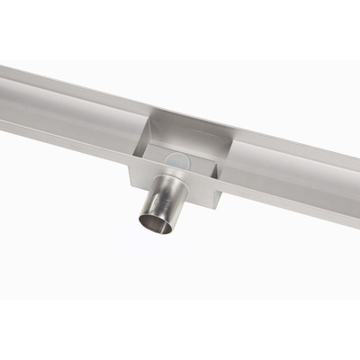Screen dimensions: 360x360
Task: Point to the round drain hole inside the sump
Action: pyautogui.click(x=176, y=159)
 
